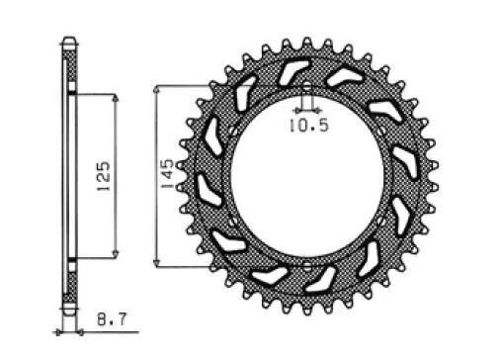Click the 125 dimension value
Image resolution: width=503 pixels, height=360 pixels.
(104, 176)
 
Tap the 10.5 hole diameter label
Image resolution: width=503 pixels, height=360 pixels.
(306, 126)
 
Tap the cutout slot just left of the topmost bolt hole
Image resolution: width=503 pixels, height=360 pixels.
(293, 72)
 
